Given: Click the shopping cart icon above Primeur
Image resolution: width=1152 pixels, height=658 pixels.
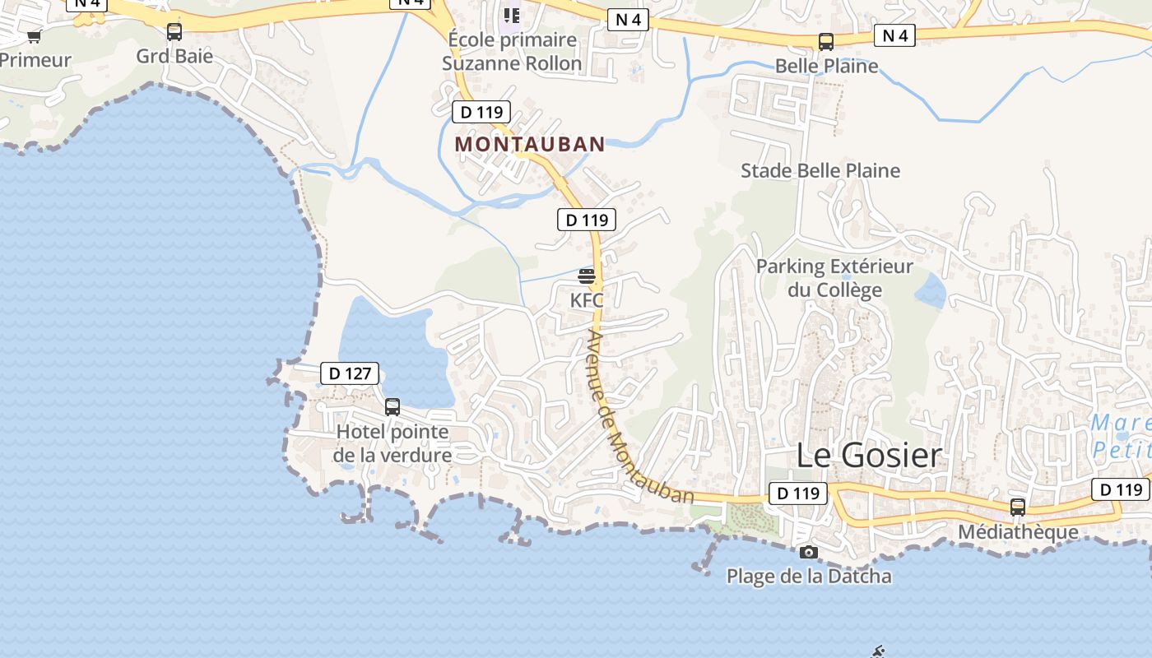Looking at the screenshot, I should point(34,36).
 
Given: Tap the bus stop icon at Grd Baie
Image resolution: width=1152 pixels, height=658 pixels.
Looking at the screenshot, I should point(174,32).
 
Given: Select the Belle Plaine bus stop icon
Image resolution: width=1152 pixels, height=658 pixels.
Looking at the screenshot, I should point(826,42).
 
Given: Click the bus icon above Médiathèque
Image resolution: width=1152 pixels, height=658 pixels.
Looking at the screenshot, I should point(1018,507).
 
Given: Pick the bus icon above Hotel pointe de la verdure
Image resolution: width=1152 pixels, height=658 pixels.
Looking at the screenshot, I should point(393,406).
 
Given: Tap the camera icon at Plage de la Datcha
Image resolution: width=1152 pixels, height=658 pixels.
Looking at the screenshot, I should point(809,552).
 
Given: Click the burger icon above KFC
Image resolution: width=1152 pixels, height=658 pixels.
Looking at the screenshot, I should point(587,276).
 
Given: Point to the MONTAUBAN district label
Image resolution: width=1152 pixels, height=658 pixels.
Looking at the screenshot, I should point(530,144).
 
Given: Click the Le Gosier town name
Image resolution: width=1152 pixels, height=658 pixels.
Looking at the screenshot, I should point(869,455).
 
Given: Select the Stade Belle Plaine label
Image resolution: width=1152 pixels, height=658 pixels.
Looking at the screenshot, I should point(820,170).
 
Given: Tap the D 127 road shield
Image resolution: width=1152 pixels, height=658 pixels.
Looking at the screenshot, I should point(350,373).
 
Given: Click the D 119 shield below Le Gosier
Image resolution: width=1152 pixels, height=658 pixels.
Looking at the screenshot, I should point(798,493).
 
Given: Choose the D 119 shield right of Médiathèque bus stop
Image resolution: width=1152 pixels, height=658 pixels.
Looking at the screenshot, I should point(1121,489).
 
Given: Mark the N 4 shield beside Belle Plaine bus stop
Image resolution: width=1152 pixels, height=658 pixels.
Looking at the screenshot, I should point(894,35).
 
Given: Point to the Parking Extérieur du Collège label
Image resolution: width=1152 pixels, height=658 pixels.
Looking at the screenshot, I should point(834,278).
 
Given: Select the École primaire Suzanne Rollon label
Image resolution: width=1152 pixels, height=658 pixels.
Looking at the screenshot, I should point(512,51).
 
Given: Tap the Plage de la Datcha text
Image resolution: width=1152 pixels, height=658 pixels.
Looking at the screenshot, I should point(809,576).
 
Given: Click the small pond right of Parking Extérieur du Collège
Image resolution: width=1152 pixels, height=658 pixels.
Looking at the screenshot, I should point(931,290).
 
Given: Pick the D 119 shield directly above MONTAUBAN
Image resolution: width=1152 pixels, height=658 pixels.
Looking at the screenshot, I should point(481,112).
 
